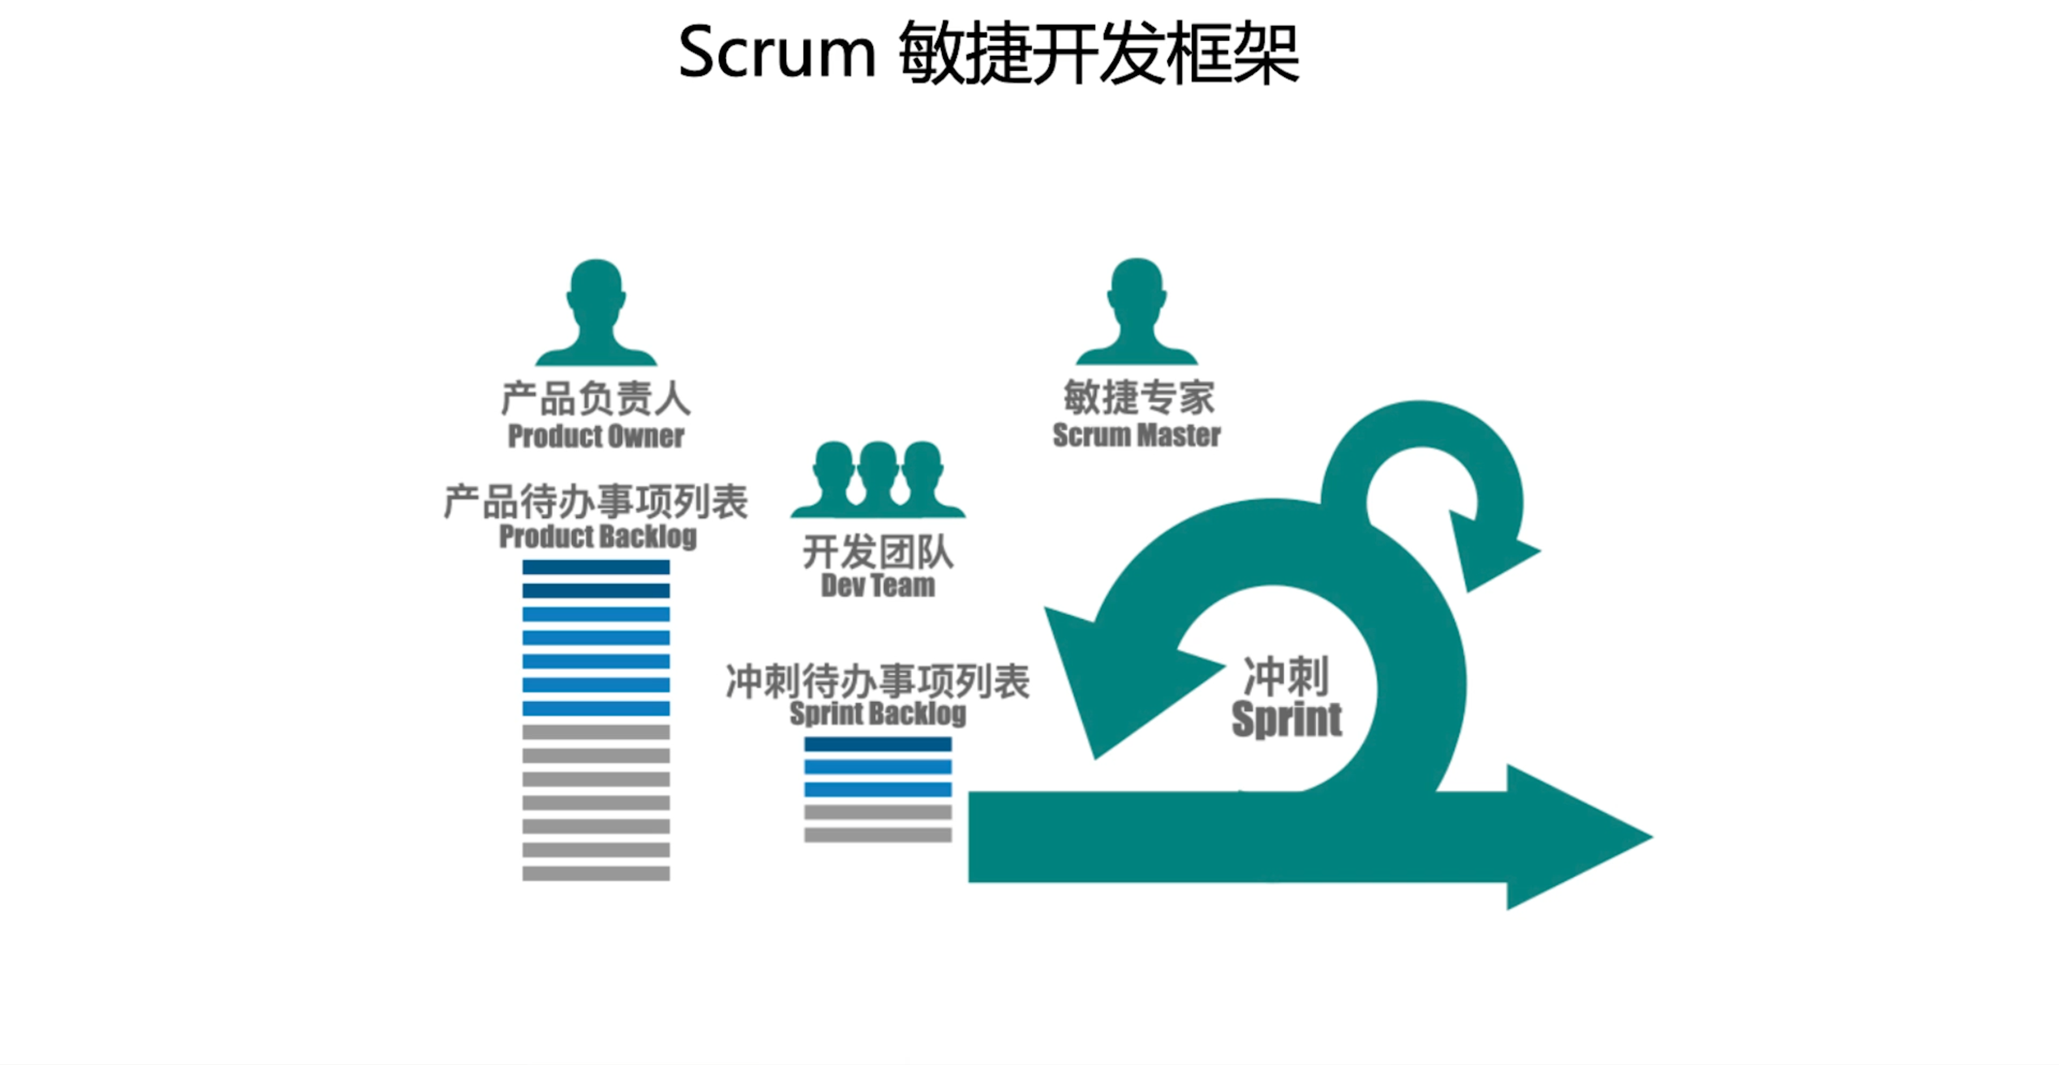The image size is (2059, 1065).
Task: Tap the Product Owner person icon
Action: pos(595,312)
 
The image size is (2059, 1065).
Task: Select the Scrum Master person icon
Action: pos(1136,312)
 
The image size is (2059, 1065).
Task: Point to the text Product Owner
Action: pos(595,437)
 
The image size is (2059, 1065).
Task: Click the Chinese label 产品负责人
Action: pos(595,398)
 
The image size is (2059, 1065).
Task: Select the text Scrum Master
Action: pos(1136,436)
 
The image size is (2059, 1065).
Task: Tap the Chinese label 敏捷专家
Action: pos(1138,398)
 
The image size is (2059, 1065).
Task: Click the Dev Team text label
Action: pos(877,586)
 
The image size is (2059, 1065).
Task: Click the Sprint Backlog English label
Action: pos(877,713)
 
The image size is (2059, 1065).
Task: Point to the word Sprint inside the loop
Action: pos(1286,719)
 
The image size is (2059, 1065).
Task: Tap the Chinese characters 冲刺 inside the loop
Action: pos(1286,677)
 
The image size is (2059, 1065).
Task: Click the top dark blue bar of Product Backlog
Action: pos(595,567)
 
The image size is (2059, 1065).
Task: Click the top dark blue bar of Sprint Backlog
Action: pos(877,744)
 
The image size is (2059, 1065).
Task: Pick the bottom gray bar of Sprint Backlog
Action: pos(877,835)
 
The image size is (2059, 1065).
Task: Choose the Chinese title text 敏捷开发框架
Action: pos(1098,53)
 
